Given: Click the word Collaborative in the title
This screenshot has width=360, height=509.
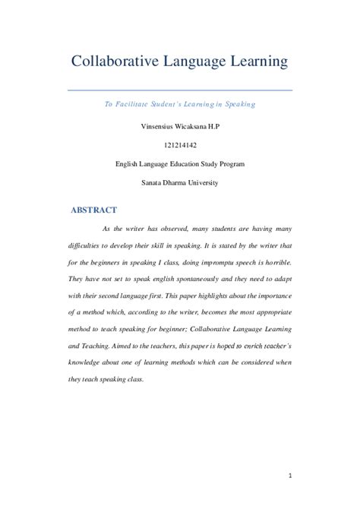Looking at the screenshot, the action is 115,60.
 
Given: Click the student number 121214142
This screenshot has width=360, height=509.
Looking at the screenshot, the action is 180,143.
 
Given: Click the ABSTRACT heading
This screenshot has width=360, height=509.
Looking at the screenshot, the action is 93,210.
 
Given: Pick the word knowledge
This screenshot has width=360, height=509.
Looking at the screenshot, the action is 90,362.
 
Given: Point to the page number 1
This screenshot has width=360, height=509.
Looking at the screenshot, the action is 289,477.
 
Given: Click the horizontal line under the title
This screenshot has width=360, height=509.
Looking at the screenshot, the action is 180,90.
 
